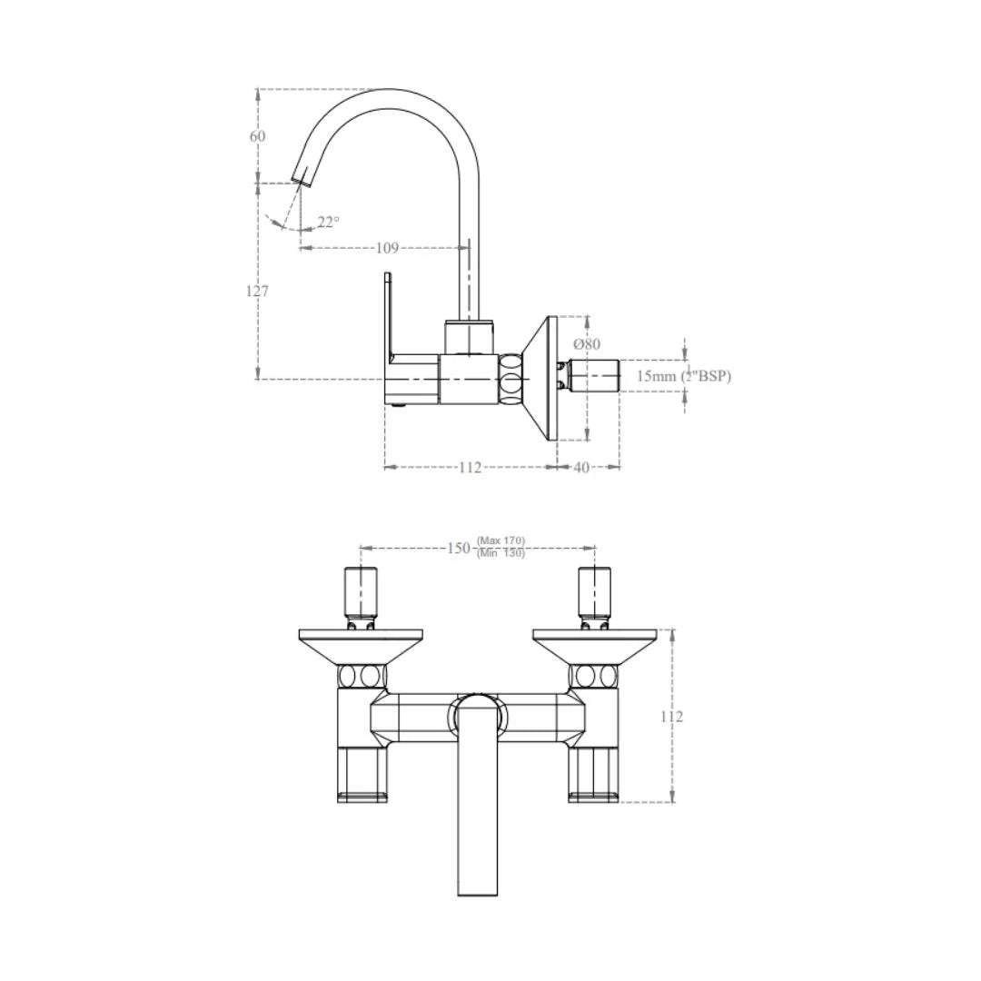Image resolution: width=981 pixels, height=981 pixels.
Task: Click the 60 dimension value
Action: (258, 136)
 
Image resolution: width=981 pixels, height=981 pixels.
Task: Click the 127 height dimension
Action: (258, 292)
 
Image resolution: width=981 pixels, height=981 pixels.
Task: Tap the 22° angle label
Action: (328, 221)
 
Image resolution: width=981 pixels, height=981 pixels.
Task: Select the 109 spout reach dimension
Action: (387, 247)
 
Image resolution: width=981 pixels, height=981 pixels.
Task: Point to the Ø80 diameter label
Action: (587, 344)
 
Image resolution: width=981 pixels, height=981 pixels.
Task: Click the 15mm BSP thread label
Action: (683, 376)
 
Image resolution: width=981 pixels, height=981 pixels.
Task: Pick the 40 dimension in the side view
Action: (581, 467)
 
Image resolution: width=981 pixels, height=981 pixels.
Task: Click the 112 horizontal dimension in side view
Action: (470, 467)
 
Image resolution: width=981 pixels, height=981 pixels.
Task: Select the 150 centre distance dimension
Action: (459, 548)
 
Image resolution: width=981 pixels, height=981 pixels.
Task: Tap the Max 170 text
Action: (501, 541)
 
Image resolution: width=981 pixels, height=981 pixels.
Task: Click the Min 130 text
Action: (501, 553)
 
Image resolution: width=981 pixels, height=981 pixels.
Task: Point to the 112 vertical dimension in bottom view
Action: (672, 716)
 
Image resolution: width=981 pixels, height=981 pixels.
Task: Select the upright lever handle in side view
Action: (387, 313)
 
